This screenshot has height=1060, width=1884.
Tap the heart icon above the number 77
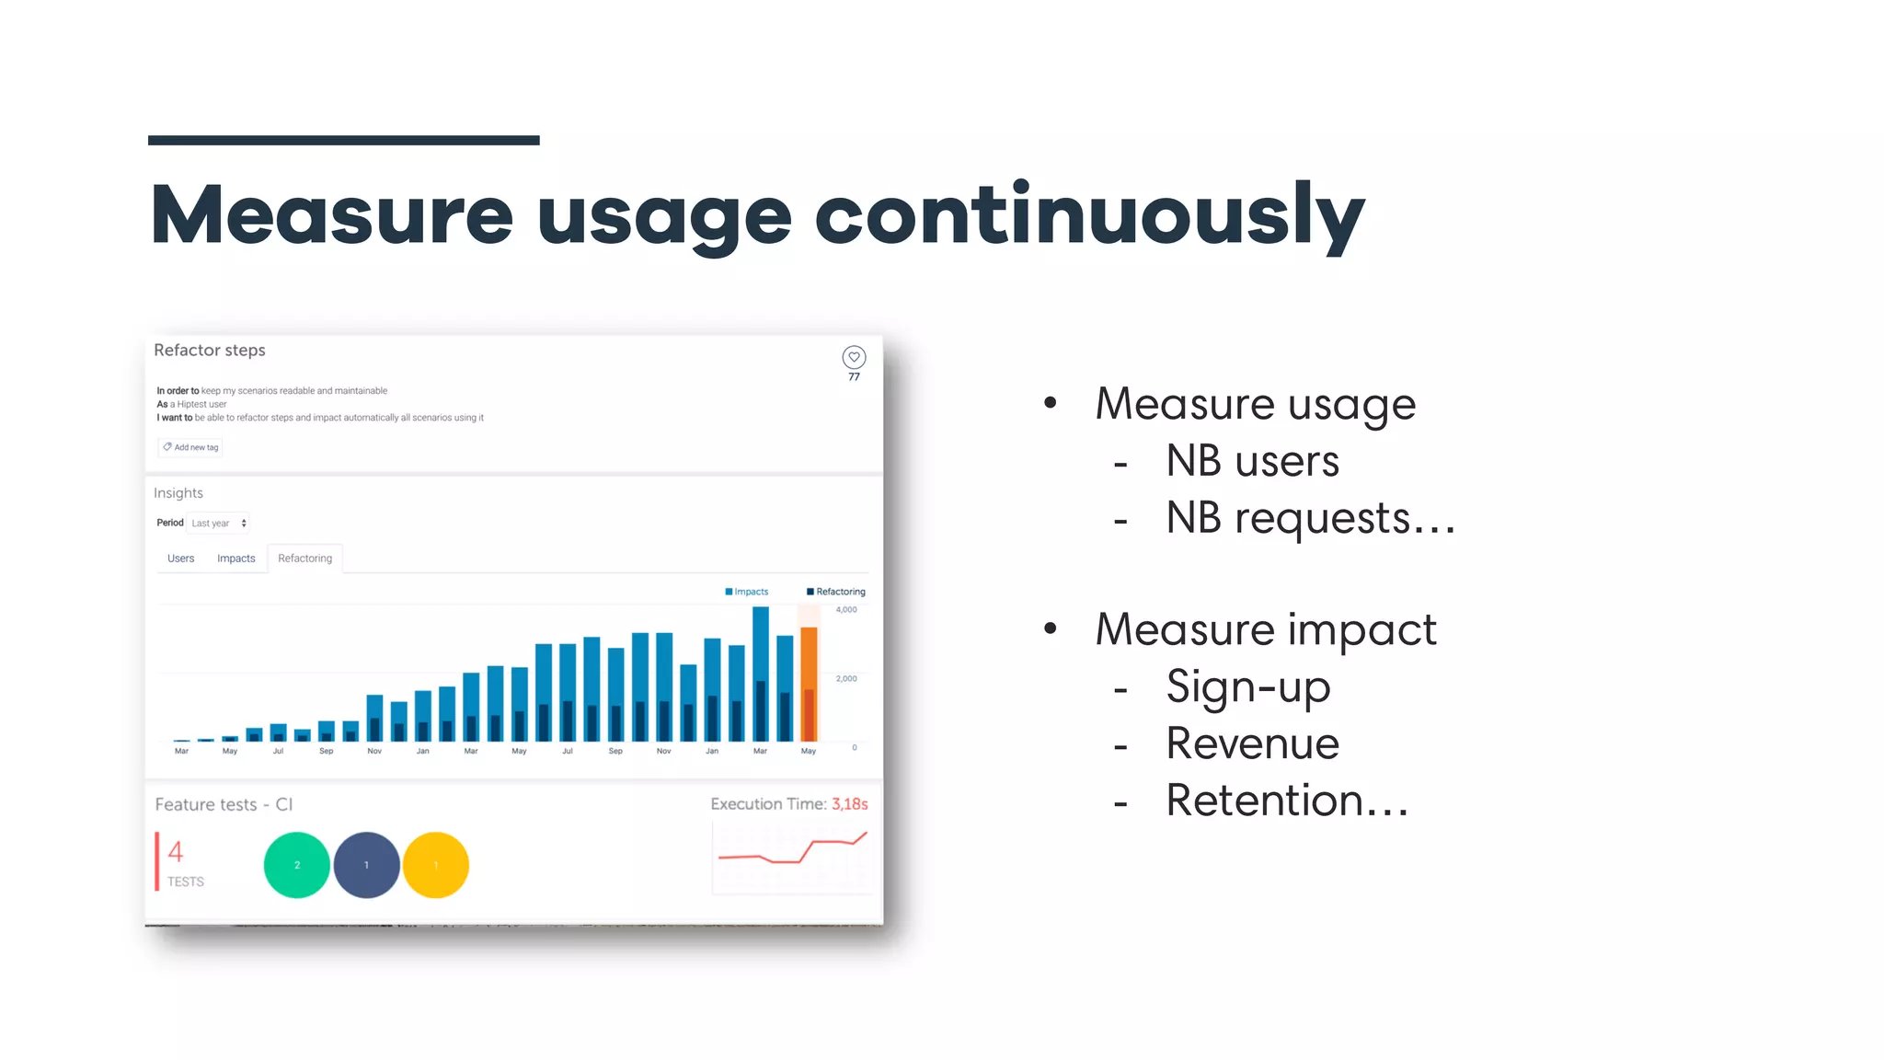tap(854, 357)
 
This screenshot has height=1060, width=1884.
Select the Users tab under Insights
tap(180, 559)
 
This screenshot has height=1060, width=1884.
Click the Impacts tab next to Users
tap(235, 559)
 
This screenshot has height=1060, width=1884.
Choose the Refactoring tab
tap(304, 559)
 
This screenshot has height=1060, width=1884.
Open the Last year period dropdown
tap(218, 524)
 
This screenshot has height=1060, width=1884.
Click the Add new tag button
tap(190, 447)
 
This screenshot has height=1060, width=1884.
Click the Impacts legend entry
tap(747, 592)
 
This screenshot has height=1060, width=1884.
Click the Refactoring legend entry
tap(836, 592)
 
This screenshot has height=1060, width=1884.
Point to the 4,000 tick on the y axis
tap(846, 610)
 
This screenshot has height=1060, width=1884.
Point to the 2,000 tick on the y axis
tap(846, 679)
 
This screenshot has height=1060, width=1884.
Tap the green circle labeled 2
tap(296, 865)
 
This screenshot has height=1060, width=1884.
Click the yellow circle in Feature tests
tap(436, 865)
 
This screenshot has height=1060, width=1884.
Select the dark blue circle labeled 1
tap(366, 865)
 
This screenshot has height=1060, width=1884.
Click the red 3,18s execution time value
tap(849, 804)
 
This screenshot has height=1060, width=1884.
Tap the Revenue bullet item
tap(1252, 743)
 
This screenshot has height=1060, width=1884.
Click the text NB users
tap(1252, 461)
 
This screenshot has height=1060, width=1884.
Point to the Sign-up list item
tap(1247, 687)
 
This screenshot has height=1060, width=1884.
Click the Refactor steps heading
tap(210, 351)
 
